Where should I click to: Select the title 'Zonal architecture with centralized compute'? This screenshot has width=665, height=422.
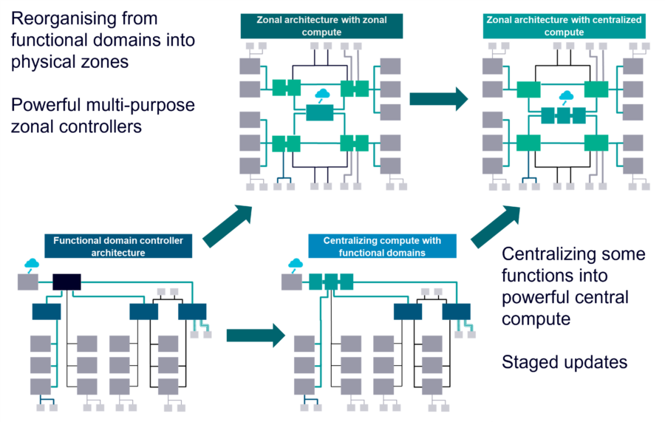(564, 26)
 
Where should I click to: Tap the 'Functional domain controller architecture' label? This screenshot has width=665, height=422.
(123, 246)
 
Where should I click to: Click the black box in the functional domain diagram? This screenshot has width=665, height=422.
(66, 281)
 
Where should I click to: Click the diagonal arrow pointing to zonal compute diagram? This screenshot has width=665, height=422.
(227, 226)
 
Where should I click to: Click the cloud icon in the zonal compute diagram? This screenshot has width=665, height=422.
(322, 95)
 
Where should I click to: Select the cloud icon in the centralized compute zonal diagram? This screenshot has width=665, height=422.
(566, 97)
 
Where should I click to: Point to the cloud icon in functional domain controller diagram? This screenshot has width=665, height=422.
(32, 263)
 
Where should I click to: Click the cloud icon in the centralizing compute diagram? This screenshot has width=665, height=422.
(296, 263)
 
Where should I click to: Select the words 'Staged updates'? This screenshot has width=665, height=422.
(565, 362)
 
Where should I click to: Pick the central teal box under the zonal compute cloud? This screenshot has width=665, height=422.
(321, 112)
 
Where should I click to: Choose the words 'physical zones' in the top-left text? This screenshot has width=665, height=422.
(70, 61)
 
